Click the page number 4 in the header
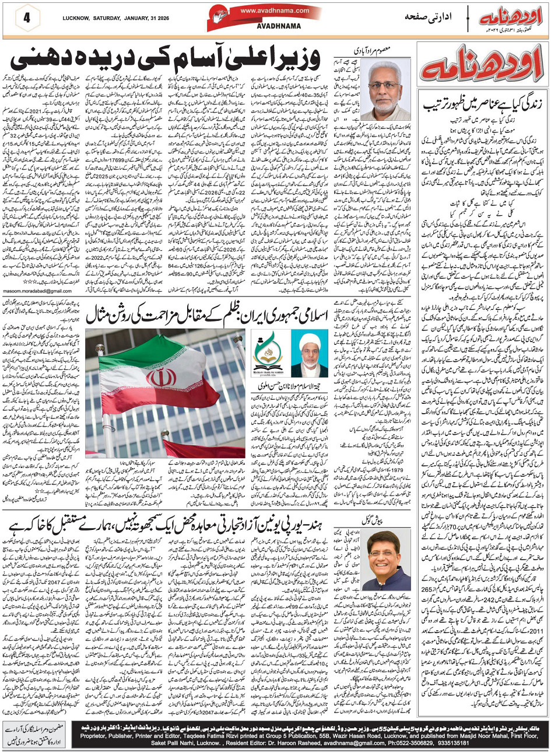(x=26, y=18)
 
